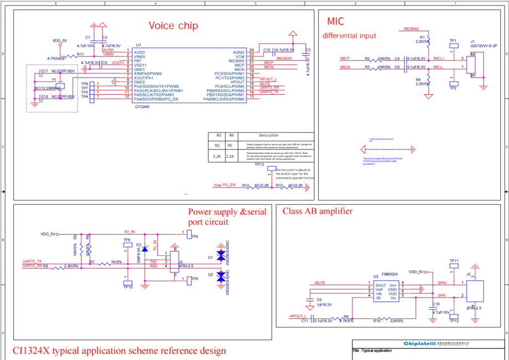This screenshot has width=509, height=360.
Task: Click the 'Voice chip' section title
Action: pyautogui.click(x=173, y=25)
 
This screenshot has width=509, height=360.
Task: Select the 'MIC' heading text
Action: pyautogui.click(x=335, y=22)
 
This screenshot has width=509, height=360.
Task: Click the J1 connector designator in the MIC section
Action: pyautogui.click(x=472, y=42)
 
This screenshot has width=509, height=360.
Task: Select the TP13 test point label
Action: pyautogui.click(x=259, y=164)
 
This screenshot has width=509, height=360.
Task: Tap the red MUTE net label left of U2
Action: pyautogui.click(x=320, y=282)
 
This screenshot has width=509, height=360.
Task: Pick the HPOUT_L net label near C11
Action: pyautogui.click(x=298, y=316)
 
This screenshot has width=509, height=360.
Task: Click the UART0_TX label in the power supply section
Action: pyautogui.click(x=32, y=261)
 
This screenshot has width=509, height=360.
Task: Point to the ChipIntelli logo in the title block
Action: pyautogui.click(x=419, y=344)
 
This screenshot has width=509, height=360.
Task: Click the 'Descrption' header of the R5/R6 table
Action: pyautogui.click(x=269, y=135)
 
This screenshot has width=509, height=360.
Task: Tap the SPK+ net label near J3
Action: pyautogui.click(x=442, y=282)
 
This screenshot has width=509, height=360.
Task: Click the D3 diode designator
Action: pyautogui.click(x=138, y=244)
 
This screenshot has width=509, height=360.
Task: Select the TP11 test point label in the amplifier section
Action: pyautogui.click(x=454, y=260)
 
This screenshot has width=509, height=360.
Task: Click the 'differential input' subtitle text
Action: pyautogui.click(x=349, y=36)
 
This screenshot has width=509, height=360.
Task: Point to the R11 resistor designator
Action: pyautogui.click(x=80, y=54)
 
